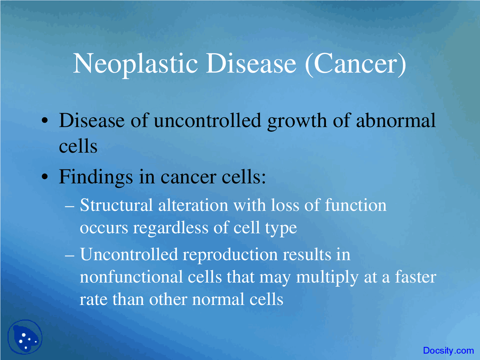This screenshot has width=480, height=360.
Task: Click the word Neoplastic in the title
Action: pyautogui.click(x=135, y=64)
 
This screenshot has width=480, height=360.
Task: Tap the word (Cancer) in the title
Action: pyautogui.click(x=355, y=64)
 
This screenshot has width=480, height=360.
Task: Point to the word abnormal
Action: pyautogui.click(x=396, y=121)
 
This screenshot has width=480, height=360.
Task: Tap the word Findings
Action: pyautogui.click(x=96, y=177)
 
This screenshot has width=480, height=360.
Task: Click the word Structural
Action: pyautogui.click(x=116, y=205)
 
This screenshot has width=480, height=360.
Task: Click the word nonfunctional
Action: pyautogui.click(x=131, y=277)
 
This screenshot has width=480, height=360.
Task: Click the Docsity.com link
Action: pyautogui.click(x=448, y=351)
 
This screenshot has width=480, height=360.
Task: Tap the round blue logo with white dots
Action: pyautogui.click(x=25, y=337)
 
